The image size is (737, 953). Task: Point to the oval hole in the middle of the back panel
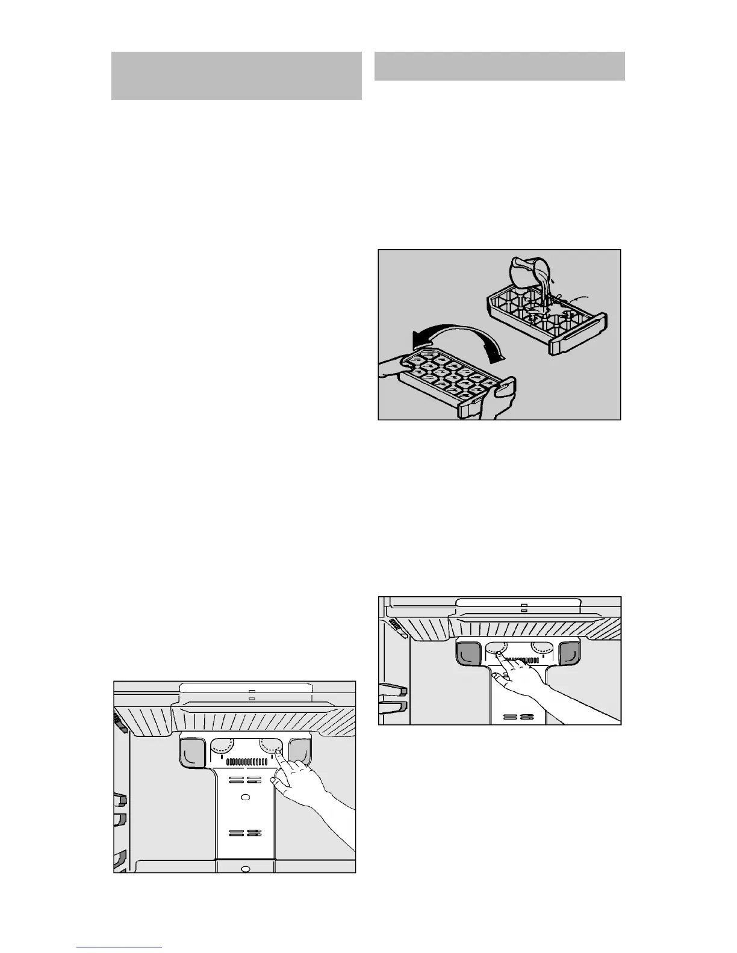pyautogui.click(x=244, y=797)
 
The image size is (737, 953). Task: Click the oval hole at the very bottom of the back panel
pyautogui.click(x=244, y=868)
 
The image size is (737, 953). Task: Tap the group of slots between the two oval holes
pyautogui.click(x=244, y=833)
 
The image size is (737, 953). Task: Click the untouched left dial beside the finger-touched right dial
pyautogui.click(x=222, y=747)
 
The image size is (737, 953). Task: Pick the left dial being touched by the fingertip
pyautogui.click(x=496, y=649)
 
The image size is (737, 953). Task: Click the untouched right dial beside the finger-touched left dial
pyautogui.click(x=543, y=649)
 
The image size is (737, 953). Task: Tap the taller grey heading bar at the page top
pyautogui.click(x=236, y=76)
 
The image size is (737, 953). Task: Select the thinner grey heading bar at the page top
pyautogui.click(x=499, y=66)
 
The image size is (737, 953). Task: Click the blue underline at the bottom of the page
pyautogui.click(x=119, y=948)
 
